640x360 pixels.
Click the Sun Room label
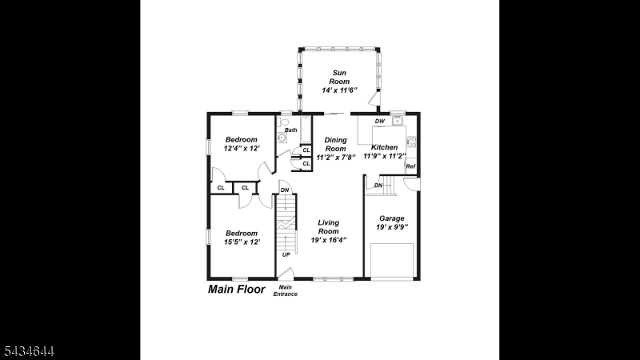pos(339,77)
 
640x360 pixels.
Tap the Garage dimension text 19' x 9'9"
pos(392,227)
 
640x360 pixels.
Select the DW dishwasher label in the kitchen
pos(379,122)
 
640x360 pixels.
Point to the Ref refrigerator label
pos(410,166)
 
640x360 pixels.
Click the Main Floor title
pos(236,290)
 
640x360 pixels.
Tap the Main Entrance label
pos(286,290)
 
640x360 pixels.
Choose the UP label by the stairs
pos(286,254)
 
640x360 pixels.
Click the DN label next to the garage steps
pos(378,186)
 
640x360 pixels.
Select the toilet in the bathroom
pos(283,122)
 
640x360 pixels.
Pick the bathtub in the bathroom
pos(306,130)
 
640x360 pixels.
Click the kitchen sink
pos(397,121)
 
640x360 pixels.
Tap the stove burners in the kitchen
pos(411,142)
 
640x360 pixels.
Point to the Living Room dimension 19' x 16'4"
pos(329,240)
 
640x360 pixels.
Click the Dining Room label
pos(335,145)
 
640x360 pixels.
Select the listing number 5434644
pos(29,351)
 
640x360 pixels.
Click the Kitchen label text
pos(384,147)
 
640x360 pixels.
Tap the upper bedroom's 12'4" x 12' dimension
pos(242,149)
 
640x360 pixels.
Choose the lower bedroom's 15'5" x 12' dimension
pos(242,242)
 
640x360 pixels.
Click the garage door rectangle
pos(392,262)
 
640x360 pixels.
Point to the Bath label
pos(291,130)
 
